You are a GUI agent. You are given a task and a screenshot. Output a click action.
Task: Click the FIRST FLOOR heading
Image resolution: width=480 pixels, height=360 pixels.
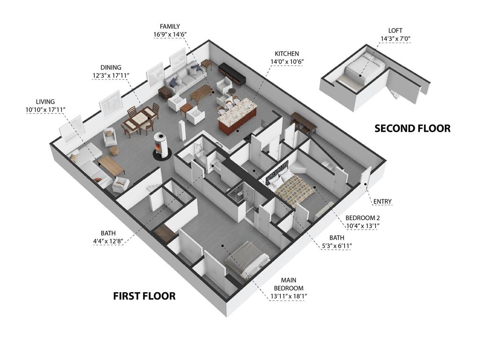click(144, 296)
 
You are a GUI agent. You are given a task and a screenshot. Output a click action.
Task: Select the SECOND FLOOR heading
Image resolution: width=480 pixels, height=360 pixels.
click(412, 128)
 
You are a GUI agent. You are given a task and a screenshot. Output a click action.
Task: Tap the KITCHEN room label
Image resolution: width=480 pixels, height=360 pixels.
click(287, 53)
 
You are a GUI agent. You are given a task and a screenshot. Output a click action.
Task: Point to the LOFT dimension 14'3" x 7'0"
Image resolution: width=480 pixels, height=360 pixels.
click(395, 39)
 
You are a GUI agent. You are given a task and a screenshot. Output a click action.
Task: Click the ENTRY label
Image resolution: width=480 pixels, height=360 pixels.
click(382, 202)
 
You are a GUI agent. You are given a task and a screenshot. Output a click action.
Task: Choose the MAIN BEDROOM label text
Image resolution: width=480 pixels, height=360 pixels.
click(289, 284)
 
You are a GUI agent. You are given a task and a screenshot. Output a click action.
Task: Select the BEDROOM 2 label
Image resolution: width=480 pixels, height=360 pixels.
click(362, 218)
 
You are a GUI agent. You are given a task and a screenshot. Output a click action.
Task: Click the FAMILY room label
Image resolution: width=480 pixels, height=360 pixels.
click(170, 27)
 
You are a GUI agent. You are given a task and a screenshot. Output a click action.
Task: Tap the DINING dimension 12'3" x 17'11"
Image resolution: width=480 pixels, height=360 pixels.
click(111, 75)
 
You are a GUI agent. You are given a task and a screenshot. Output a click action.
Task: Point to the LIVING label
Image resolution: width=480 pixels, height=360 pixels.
click(45, 102)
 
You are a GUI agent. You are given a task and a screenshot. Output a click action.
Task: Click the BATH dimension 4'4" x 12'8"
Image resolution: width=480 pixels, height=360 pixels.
click(108, 241)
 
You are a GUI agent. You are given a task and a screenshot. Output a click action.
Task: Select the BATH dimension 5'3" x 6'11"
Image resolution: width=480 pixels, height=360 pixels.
click(337, 246)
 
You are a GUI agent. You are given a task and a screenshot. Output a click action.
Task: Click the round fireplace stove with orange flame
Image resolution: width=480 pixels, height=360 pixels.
click(162, 146)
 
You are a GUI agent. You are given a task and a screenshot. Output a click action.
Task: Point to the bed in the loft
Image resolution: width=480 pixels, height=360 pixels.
click(364, 69)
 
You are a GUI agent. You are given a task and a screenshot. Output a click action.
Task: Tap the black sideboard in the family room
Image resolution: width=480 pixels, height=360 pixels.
click(232, 74)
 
